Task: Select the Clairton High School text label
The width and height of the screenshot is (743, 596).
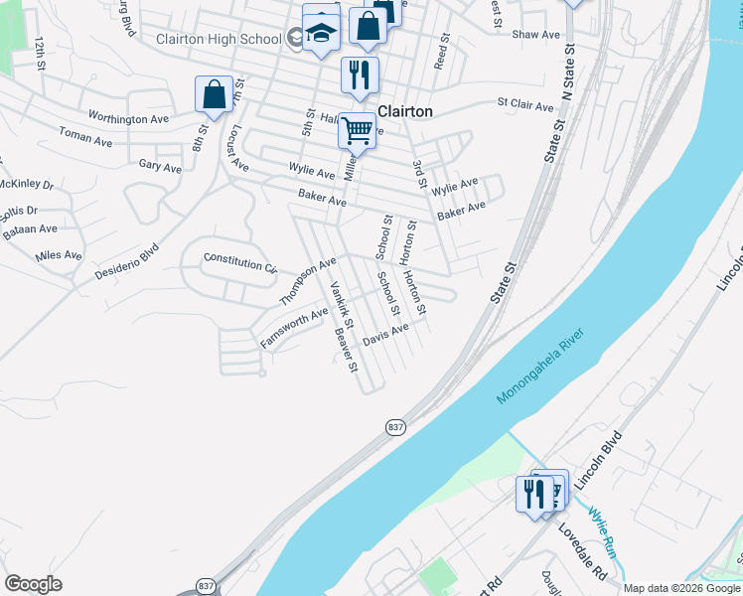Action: pyautogui.click(x=219, y=40)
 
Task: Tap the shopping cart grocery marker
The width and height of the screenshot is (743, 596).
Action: pyautogui.click(x=357, y=129)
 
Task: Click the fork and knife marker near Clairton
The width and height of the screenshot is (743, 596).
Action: pyautogui.click(x=360, y=74)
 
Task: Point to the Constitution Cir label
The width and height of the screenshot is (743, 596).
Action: pyautogui.click(x=239, y=260)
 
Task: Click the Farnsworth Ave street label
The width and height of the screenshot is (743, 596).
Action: pyautogui.click(x=294, y=327)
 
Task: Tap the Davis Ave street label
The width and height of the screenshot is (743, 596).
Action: pyautogui.click(x=385, y=334)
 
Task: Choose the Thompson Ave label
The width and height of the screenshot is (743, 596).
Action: pyautogui.click(x=309, y=281)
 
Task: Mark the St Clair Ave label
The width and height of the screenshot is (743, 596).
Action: pyautogui.click(x=524, y=103)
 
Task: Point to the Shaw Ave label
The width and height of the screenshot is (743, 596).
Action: pyautogui.click(x=536, y=34)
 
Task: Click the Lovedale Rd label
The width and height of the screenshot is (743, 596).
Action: pyautogui.click(x=582, y=551)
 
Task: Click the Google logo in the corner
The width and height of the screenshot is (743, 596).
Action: pyautogui.click(x=33, y=584)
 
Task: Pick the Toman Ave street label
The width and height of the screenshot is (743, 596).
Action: pyautogui.click(x=85, y=136)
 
